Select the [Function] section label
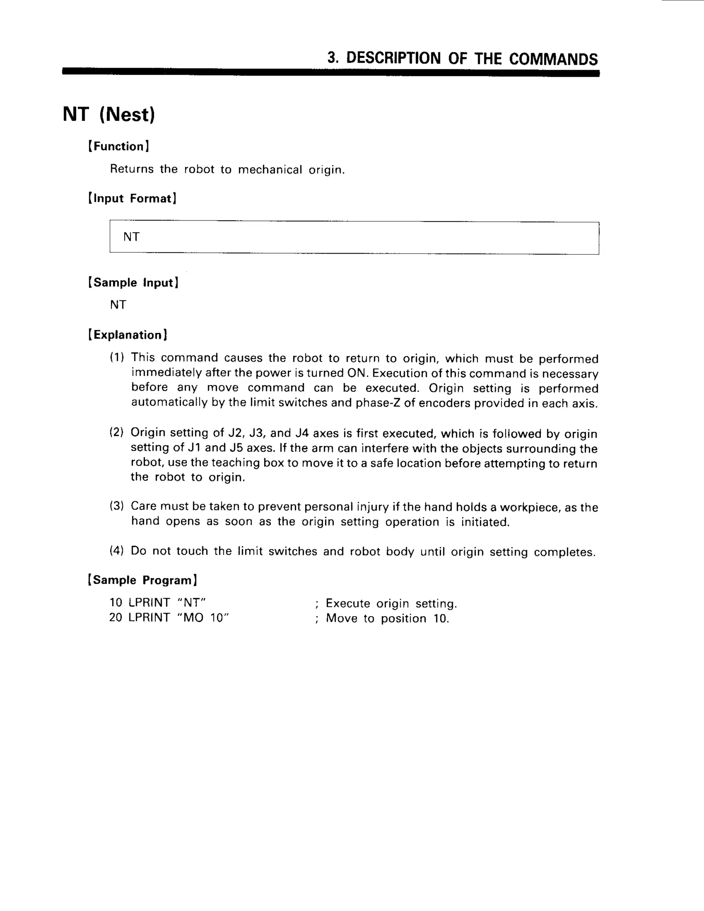tap(119, 146)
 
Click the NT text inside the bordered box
tap(131, 237)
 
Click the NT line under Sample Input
tap(118, 305)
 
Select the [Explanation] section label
tap(128, 335)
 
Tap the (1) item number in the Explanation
tap(117, 358)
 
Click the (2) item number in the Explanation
tap(117, 432)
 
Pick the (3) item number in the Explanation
tap(117, 506)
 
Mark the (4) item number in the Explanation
tap(117, 551)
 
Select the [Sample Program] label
tap(142, 580)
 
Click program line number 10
tap(115, 603)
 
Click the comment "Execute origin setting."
tap(391, 604)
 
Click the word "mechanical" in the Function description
tap(270, 170)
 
